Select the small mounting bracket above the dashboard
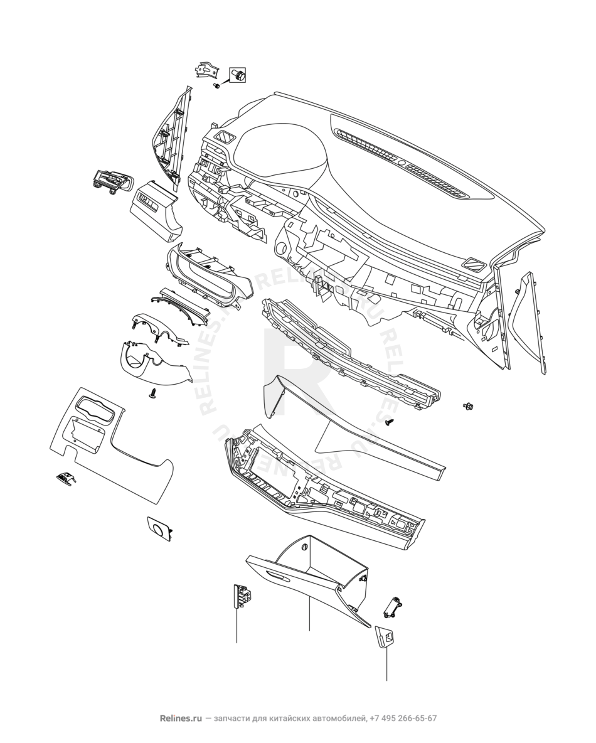[206, 70]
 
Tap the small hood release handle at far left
[65, 478]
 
